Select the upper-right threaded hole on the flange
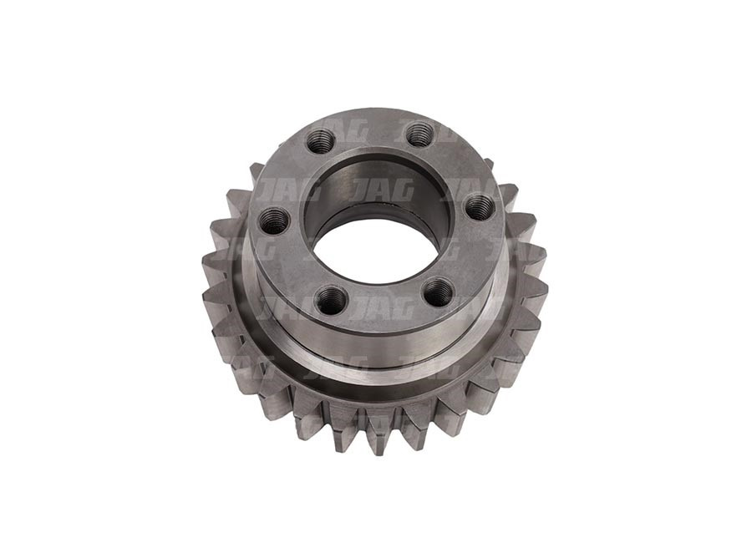point(419,134)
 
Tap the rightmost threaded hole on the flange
point(479,205)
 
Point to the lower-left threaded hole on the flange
point(330,299)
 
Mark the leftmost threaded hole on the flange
point(273,221)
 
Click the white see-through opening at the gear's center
point(377,249)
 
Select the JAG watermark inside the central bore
point(381,189)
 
